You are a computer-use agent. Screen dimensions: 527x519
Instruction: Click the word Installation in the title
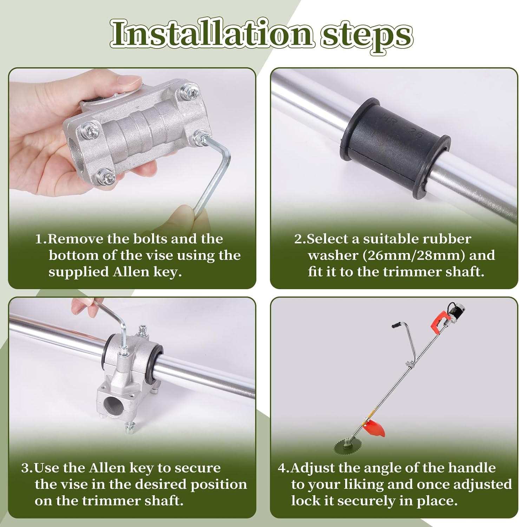point(211,34)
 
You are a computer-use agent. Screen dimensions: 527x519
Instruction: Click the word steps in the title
point(366,35)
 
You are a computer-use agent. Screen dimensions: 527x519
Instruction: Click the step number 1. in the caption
point(41,239)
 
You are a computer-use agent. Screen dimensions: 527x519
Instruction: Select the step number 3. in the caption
point(27,468)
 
